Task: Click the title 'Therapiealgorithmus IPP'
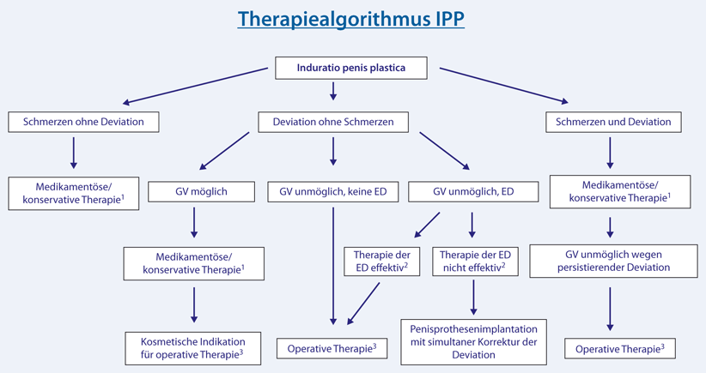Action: click(351, 20)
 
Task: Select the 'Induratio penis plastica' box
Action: click(352, 68)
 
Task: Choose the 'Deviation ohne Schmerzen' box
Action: click(333, 123)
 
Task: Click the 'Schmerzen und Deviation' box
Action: click(614, 123)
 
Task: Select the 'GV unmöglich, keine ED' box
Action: click(332, 192)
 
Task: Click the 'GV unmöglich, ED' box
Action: click(473, 192)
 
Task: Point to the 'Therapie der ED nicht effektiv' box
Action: click(472, 262)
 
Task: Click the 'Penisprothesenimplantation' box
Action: click(472, 340)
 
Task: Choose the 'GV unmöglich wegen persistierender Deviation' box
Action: click(612, 261)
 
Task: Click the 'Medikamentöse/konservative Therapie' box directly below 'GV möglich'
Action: click(194, 263)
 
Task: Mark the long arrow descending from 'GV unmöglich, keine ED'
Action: click(332, 266)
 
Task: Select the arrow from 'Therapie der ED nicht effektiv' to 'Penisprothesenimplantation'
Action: click(472, 298)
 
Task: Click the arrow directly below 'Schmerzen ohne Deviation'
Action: click(74, 153)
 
